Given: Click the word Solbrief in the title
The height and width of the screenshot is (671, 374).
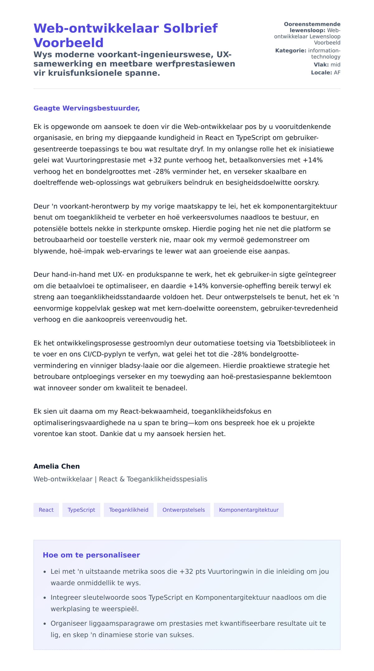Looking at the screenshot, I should click(x=190, y=28).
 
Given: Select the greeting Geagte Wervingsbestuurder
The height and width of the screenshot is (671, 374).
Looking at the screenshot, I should click(x=86, y=108).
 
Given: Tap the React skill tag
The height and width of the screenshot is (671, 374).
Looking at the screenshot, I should click(x=46, y=510).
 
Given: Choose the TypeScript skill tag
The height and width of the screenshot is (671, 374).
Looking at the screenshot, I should click(x=81, y=510).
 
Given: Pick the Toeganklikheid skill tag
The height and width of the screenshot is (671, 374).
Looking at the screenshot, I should click(x=128, y=510).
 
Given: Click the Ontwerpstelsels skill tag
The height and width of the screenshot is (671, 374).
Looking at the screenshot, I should click(x=184, y=510).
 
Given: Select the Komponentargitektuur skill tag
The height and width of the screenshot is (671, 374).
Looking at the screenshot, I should click(x=248, y=510).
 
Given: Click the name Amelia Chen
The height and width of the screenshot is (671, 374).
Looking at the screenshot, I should click(x=56, y=466).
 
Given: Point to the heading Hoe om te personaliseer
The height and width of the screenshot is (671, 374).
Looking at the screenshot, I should click(x=91, y=555).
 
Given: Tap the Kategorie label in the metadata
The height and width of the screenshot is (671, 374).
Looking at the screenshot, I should click(x=290, y=50).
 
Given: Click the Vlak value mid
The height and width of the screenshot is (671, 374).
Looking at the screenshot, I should click(x=335, y=65).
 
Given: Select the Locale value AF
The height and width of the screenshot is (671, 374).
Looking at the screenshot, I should click(x=337, y=73).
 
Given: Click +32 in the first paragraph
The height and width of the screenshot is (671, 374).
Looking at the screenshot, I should click(x=155, y=160).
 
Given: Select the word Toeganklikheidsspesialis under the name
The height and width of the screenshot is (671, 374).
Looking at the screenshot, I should click(x=167, y=479).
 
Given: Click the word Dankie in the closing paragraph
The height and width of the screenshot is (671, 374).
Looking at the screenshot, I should click(x=110, y=434).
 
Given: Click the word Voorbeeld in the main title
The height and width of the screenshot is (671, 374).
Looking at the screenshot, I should click(x=68, y=43).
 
